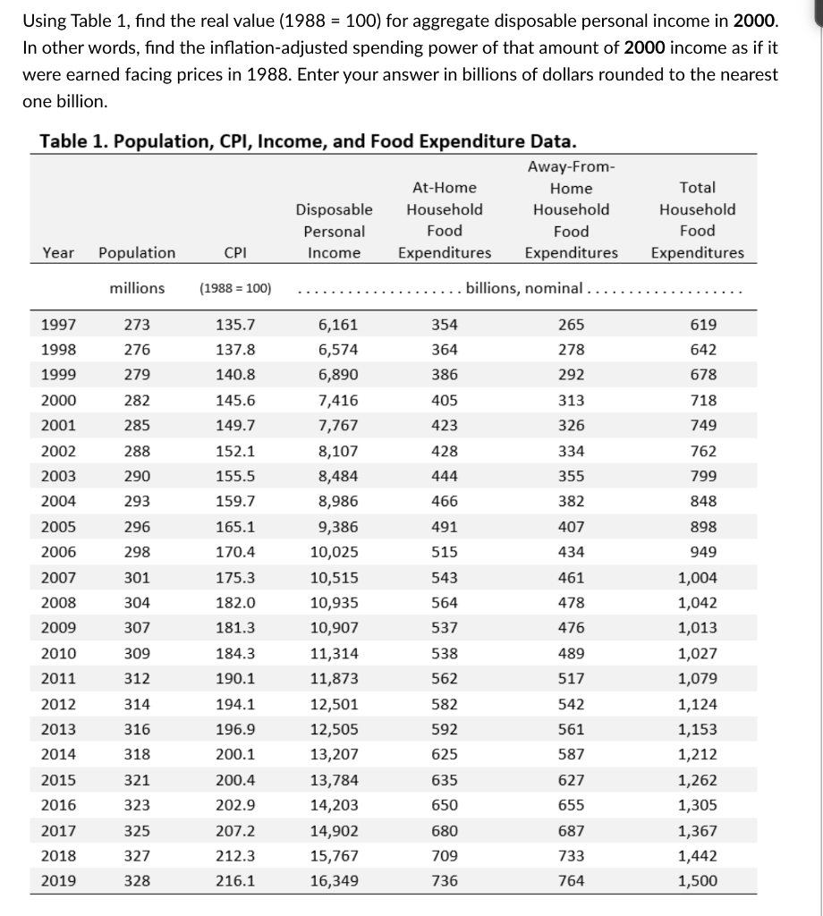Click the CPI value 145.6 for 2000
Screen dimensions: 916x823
pyautogui.click(x=235, y=401)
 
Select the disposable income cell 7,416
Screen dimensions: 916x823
pyautogui.click(x=334, y=401)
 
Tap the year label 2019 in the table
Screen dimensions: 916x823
pyautogui.click(x=58, y=881)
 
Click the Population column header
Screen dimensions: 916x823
pyautogui.click(x=137, y=253)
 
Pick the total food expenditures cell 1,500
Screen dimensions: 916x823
pyautogui.click(x=697, y=881)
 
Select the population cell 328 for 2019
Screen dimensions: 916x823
pyautogui.click(x=137, y=881)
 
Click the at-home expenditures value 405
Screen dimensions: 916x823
pyautogui.click(x=445, y=401)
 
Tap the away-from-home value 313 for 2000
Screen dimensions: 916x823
pyautogui.click(x=571, y=401)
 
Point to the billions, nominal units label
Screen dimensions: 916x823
pyautogui.click(x=524, y=288)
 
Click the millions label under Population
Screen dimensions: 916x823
pyautogui.click(x=137, y=288)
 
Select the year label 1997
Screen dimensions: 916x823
pyautogui.click(x=58, y=325)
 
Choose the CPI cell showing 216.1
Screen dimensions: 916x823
pyautogui.click(x=235, y=881)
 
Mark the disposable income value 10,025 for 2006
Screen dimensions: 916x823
pyautogui.click(x=334, y=553)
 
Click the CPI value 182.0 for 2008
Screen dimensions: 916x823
pyautogui.click(x=235, y=603)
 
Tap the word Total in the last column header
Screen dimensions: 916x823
pyautogui.click(x=697, y=188)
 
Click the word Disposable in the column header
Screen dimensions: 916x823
pyautogui.click(x=334, y=210)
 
